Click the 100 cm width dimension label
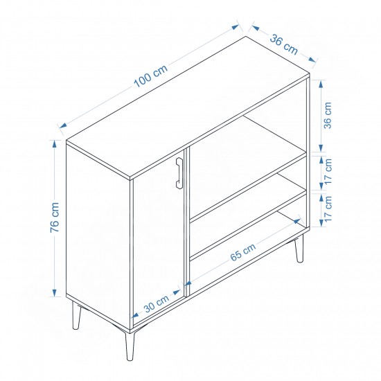click(x=150, y=76)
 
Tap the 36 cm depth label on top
click(x=283, y=45)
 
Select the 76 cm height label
click(x=55, y=218)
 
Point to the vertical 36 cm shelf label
click(x=328, y=115)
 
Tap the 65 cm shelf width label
click(x=242, y=252)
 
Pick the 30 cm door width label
click(x=157, y=304)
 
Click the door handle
click(x=179, y=172)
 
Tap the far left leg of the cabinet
click(x=76, y=315)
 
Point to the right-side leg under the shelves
click(x=299, y=249)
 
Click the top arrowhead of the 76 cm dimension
click(x=55, y=144)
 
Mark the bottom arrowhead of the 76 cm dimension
click(x=55, y=292)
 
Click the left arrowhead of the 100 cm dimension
click(x=63, y=125)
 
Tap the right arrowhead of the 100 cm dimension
click(x=236, y=27)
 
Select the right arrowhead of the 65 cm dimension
click(x=298, y=221)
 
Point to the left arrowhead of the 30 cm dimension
click(x=135, y=316)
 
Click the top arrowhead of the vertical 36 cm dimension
click(x=321, y=84)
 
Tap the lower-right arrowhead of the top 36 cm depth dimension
click(x=312, y=60)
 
